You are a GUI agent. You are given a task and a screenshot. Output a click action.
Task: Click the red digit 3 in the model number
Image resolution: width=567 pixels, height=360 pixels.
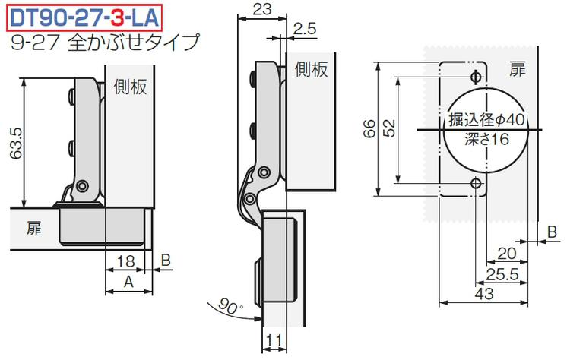[118, 18]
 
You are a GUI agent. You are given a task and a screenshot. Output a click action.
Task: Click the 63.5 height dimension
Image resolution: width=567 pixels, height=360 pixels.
[16, 144]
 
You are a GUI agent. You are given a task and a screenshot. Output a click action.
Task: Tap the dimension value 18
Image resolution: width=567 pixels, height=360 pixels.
[125, 261]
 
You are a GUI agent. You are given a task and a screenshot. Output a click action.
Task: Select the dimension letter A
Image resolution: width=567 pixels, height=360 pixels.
[128, 282]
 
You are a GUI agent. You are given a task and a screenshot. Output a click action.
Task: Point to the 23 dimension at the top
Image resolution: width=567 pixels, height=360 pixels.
[261, 8]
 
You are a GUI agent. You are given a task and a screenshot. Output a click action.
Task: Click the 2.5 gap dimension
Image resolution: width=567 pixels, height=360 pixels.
[304, 29]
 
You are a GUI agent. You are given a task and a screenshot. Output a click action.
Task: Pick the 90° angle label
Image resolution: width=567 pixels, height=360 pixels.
[231, 306]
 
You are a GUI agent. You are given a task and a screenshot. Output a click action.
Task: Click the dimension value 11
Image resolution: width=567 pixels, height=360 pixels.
[274, 340]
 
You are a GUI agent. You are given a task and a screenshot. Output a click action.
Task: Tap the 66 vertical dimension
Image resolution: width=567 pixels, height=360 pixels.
[369, 128]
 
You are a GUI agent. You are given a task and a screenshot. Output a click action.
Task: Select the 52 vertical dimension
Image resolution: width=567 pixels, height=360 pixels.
[389, 128]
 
